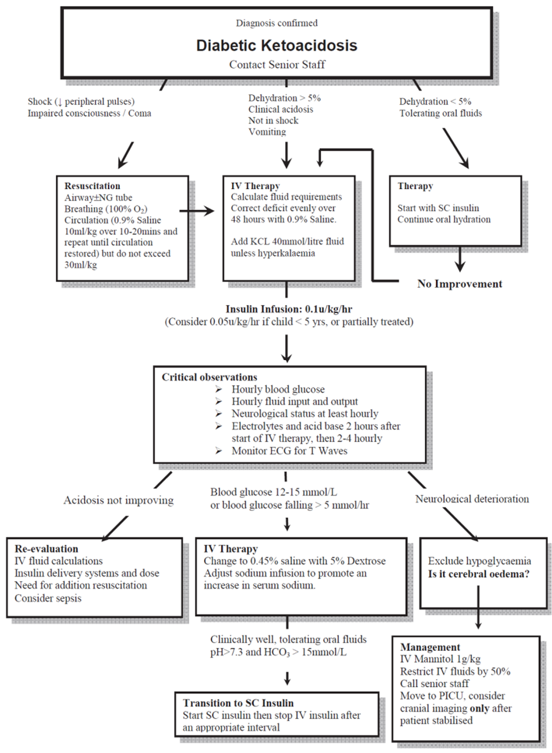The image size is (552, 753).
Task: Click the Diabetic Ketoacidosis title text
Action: point(276,46)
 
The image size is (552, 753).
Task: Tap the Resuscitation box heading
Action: point(92,186)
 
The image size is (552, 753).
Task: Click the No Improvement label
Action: point(460,284)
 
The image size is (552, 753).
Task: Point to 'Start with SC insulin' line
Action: point(438,208)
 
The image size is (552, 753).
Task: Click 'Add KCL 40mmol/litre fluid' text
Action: point(287,241)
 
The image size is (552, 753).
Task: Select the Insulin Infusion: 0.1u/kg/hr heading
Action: point(289,309)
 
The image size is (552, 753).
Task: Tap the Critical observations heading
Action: point(210,377)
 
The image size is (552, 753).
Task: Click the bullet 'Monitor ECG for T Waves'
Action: point(289,450)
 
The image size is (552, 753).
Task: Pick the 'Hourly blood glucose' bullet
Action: point(278,389)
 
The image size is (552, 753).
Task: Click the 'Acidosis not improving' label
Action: point(119,500)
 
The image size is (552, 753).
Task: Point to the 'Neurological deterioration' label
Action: point(472,499)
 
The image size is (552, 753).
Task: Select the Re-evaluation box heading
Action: point(46,549)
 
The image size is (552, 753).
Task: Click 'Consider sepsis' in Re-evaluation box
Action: point(48,598)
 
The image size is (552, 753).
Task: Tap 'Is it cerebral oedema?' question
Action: point(479,574)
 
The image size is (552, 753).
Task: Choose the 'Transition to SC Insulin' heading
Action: point(238,703)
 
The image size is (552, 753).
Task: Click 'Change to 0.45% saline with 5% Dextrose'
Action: point(294,561)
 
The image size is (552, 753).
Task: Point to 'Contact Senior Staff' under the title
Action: point(277,64)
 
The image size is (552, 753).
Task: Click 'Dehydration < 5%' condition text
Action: point(435,101)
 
